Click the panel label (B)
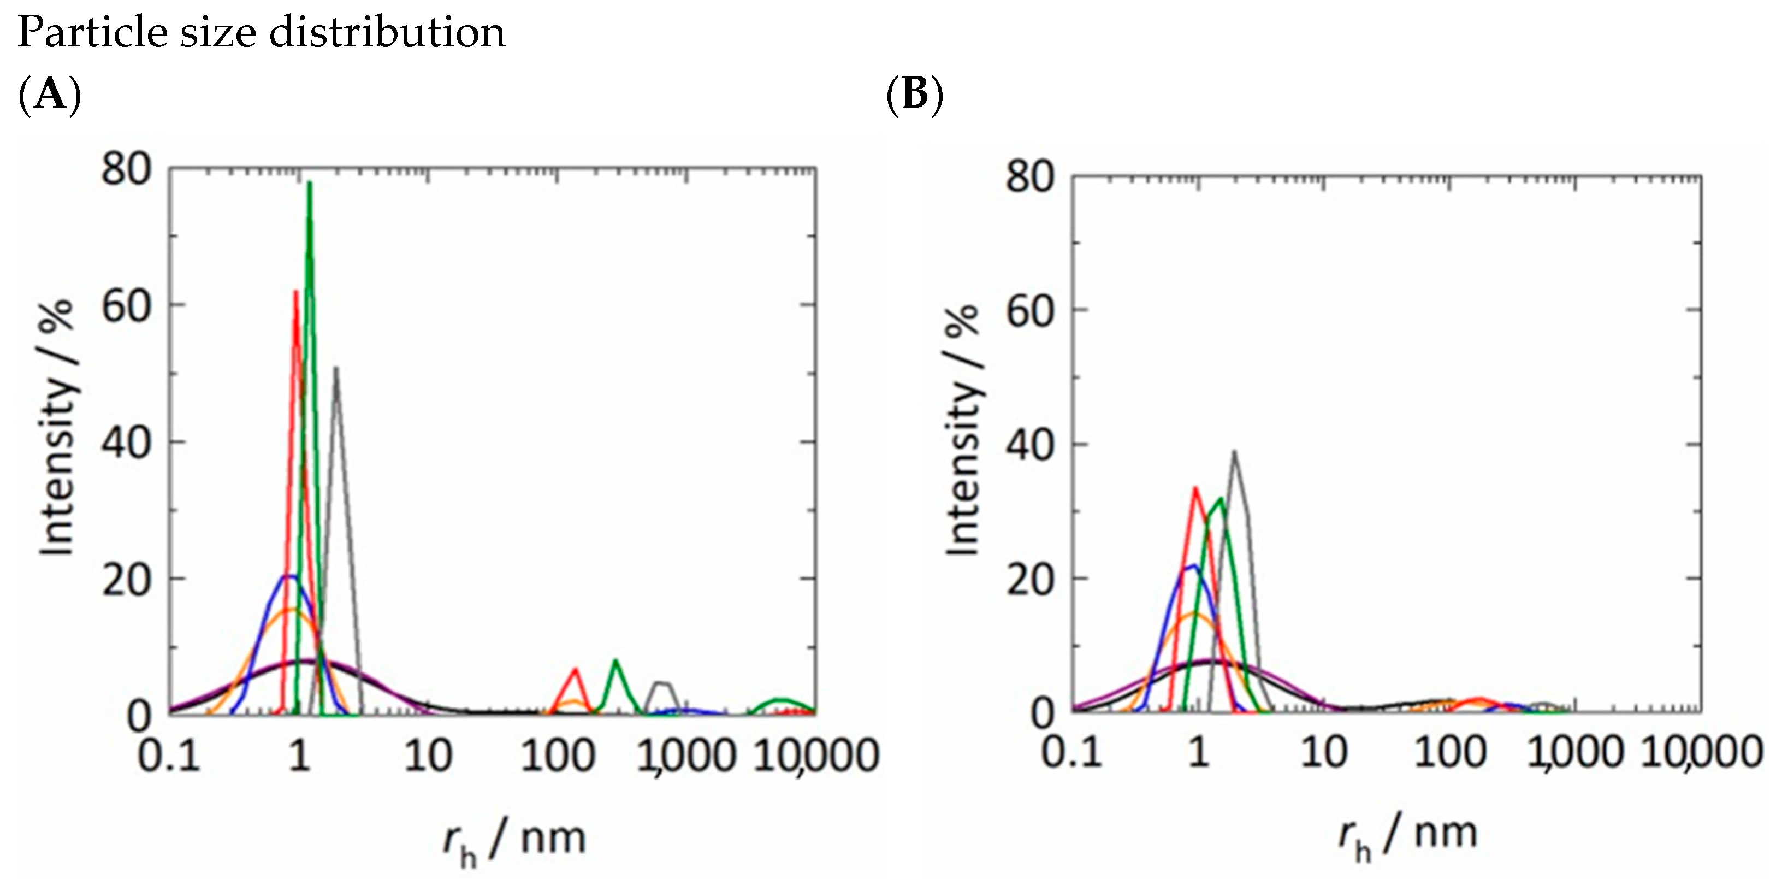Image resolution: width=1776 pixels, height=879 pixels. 914,95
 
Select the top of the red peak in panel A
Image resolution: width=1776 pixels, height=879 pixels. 296,292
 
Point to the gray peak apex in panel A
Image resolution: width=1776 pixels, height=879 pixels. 336,368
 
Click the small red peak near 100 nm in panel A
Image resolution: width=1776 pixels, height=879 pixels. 575,669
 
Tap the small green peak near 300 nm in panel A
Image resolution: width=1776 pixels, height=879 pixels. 615,660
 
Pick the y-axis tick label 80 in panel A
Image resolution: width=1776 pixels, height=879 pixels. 126,169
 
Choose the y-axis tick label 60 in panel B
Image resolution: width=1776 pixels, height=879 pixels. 1030,312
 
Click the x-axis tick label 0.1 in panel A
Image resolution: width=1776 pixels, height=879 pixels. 168,756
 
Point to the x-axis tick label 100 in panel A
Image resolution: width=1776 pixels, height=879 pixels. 557,756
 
